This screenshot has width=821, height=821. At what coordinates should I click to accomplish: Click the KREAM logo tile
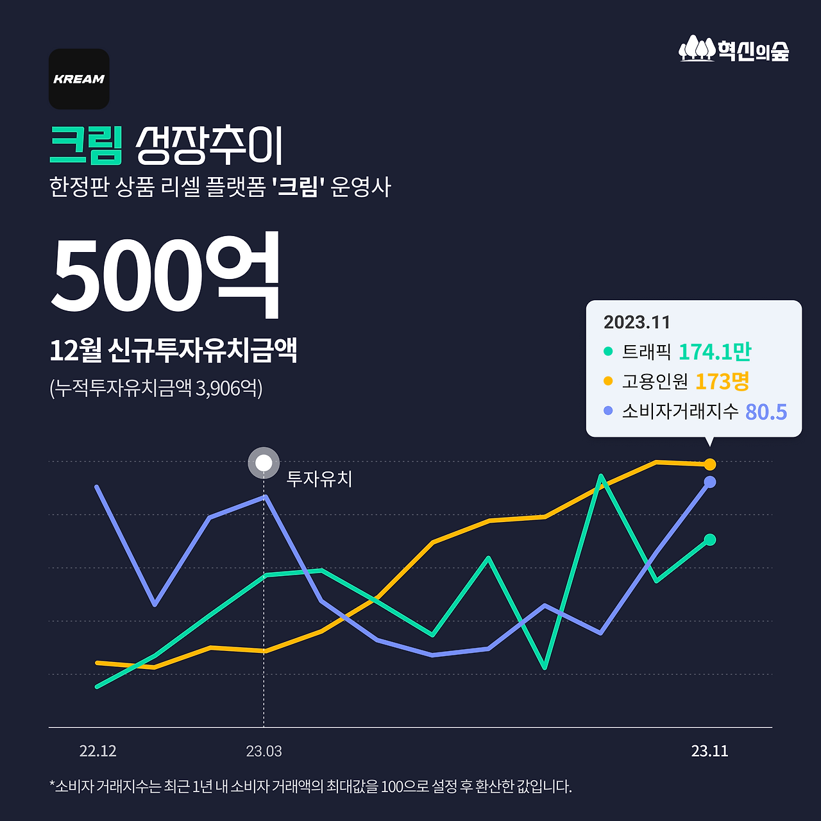tap(79, 79)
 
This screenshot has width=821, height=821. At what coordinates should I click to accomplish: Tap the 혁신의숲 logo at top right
tap(734, 49)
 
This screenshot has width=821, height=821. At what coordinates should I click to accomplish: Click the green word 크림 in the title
tap(86, 145)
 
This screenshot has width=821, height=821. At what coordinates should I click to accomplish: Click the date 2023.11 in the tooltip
tap(636, 322)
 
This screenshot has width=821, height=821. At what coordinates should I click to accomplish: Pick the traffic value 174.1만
tap(715, 351)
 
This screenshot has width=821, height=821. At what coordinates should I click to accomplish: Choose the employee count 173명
tap(722, 381)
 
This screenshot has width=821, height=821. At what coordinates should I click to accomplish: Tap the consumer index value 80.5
tap(766, 411)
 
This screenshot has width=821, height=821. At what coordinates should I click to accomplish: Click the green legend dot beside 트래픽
tap(608, 351)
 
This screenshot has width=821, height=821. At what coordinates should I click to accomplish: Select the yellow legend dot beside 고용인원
tap(608, 381)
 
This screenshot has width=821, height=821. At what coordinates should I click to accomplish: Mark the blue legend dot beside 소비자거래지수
tap(608, 410)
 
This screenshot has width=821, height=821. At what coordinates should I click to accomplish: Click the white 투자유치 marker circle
tap(264, 462)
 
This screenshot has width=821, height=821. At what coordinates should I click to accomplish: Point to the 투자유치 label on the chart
tap(319, 479)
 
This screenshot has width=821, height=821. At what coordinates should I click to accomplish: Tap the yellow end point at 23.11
tap(710, 464)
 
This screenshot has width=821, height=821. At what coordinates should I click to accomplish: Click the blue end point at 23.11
tap(710, 482)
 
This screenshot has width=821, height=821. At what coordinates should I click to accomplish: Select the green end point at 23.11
tap(709, 540)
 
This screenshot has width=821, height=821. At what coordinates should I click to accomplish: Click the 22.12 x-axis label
tap(98, 751)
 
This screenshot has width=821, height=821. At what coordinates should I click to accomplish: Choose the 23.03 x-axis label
tap(264, 751)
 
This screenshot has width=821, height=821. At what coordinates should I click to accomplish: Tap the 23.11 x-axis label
tap(709, 751)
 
